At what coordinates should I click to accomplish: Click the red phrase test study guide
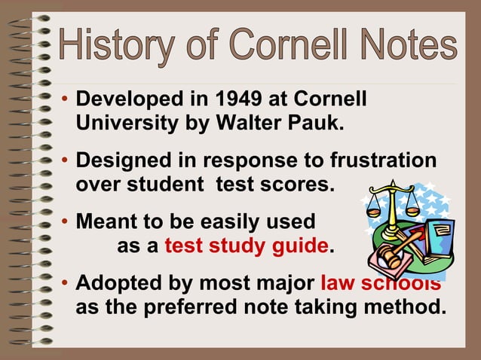246,246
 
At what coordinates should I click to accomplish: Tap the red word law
337,285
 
